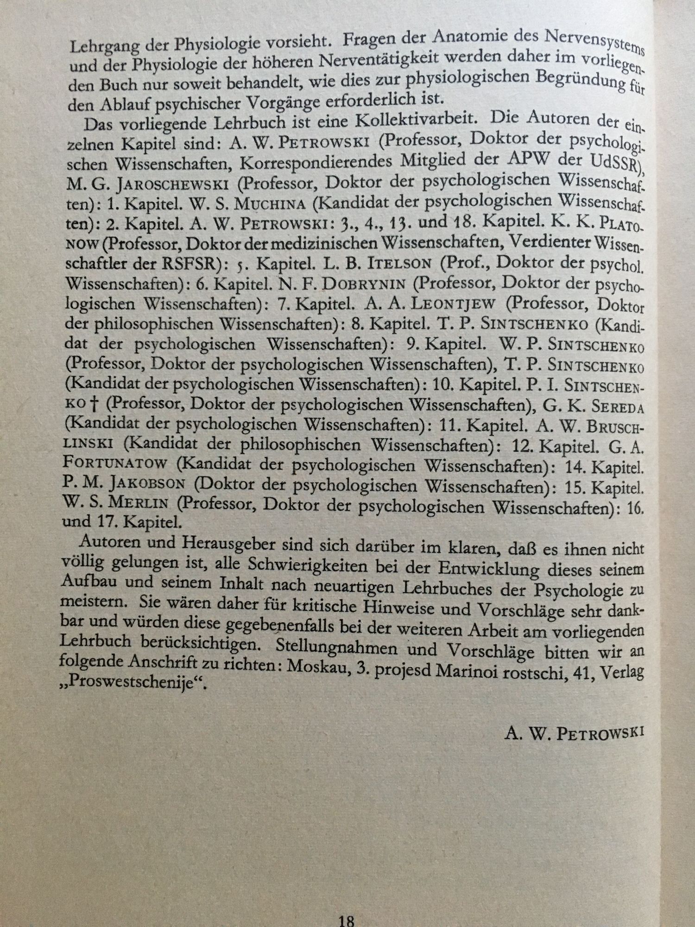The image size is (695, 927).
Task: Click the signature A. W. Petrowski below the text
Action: click(x=574, y=733)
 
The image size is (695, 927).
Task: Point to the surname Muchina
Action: click(x=271, y=204)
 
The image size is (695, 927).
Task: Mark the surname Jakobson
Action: click(x=148, y=485)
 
